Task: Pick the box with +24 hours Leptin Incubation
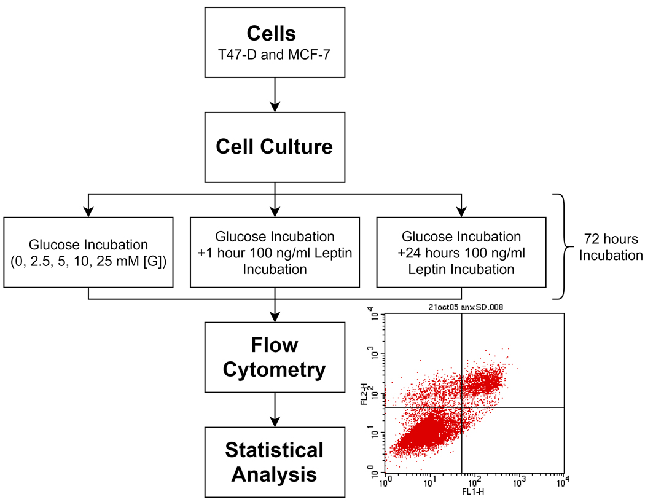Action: tap(460, 251)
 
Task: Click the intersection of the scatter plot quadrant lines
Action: tap(461, 407)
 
